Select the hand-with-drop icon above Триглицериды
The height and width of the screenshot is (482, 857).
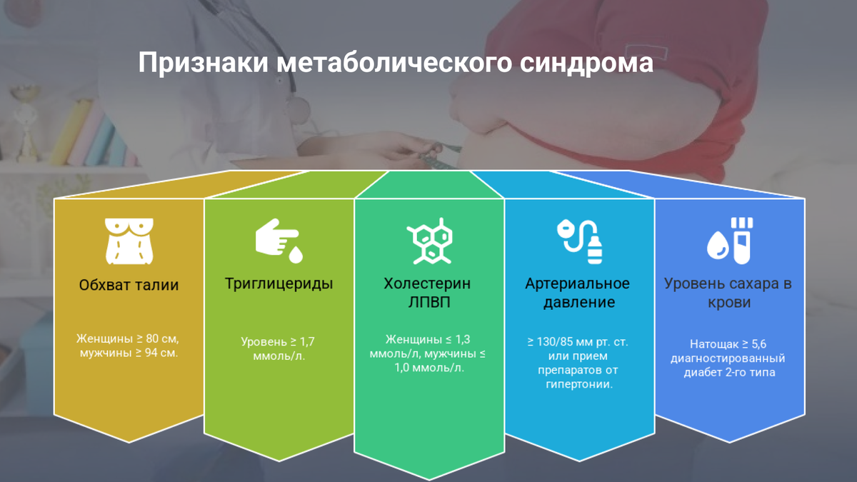click(279, 239)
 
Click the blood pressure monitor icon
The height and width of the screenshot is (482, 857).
click(579, 239)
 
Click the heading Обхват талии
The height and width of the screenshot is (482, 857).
click(129, 286)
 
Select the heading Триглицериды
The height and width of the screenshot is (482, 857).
click(279, 283)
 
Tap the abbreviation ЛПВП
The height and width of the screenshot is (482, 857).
click(428, 302)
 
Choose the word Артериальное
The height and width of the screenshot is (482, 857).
click(578, 283)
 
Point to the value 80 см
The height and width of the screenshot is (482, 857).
click(161, 338)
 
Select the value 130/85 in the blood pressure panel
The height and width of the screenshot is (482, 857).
click(556, 341)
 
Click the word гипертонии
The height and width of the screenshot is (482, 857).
click(578, 385)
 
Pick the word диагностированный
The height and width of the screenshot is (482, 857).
click(728, 358)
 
